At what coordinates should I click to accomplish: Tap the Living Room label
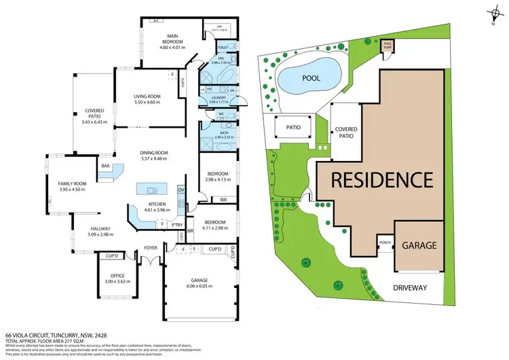point(147,100)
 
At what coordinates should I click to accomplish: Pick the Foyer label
point(150,248)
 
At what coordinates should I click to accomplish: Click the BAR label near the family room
point(106,165)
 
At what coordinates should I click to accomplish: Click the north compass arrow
point(492,15)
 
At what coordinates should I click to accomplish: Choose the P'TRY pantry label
point(176,223)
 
